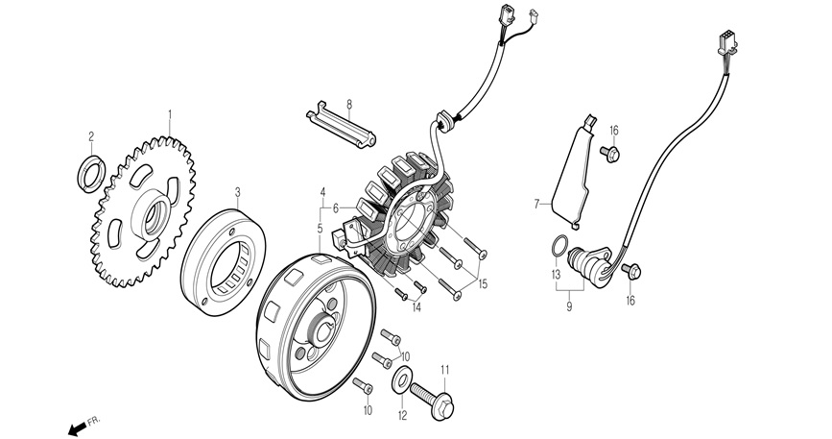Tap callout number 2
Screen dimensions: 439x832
92,135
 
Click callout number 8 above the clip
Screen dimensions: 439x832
349,104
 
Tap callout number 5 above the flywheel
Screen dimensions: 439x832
321,229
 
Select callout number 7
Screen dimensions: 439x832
538,204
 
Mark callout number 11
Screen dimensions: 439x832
444,369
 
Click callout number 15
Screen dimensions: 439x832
483,283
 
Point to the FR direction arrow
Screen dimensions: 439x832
77,426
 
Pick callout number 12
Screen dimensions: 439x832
402,416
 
